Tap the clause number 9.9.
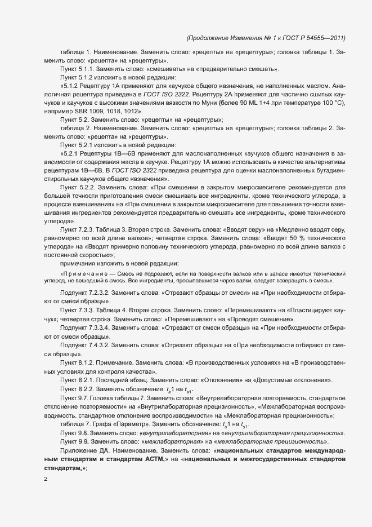pyautogui.click(x=87, y=442)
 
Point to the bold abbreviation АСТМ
pyautogui.click(x=148, y=460)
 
